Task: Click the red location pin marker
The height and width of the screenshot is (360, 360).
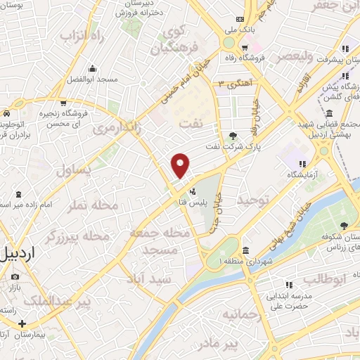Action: [181, 166]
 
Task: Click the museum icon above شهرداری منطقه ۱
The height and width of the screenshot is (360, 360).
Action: [244, 251]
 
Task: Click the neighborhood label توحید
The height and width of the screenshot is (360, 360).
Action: [253, 200]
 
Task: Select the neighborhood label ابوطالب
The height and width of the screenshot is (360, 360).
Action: [326, 279]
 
